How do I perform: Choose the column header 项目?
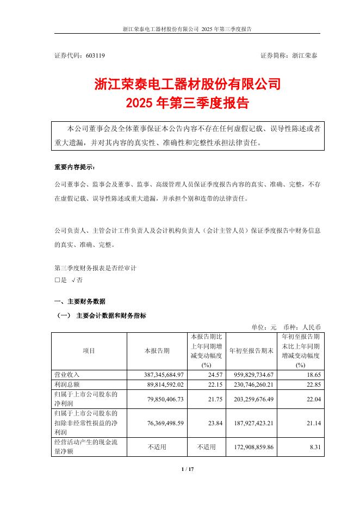(89, 351)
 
